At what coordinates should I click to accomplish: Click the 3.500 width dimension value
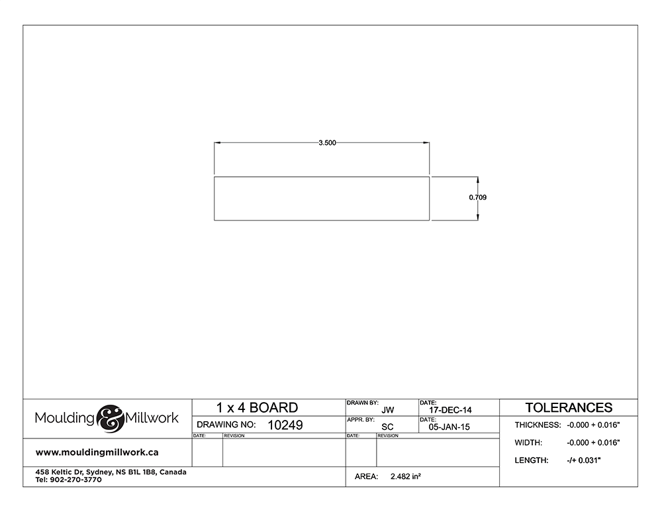click(327, 143)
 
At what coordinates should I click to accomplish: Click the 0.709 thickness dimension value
click(477, 197)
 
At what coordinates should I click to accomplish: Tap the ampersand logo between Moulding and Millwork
click(110, 418)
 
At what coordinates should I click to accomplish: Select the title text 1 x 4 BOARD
click(257, 407)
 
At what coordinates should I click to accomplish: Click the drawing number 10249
click(285, 425)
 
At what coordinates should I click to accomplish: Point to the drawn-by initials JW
click(387, 410)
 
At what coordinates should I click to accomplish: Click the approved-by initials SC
click(387, 427)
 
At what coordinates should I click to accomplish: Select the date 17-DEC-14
click(450, 410)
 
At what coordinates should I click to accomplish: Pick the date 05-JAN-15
click(449, 427)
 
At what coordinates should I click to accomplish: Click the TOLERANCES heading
click(569, 407)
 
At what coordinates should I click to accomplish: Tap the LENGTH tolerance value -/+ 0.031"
click(583, 460)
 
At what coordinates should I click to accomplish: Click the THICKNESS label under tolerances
click(538, 425)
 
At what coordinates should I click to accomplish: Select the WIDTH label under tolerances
click(528, 442)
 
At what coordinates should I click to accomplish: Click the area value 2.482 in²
click(405, 476)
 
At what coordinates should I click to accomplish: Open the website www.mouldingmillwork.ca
click(97, 452)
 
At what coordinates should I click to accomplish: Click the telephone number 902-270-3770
click(75, 480)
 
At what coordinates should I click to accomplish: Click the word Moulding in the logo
click(65, 418)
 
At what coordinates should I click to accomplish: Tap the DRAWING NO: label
click(226, 425)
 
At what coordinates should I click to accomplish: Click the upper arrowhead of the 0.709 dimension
click(477, 180)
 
